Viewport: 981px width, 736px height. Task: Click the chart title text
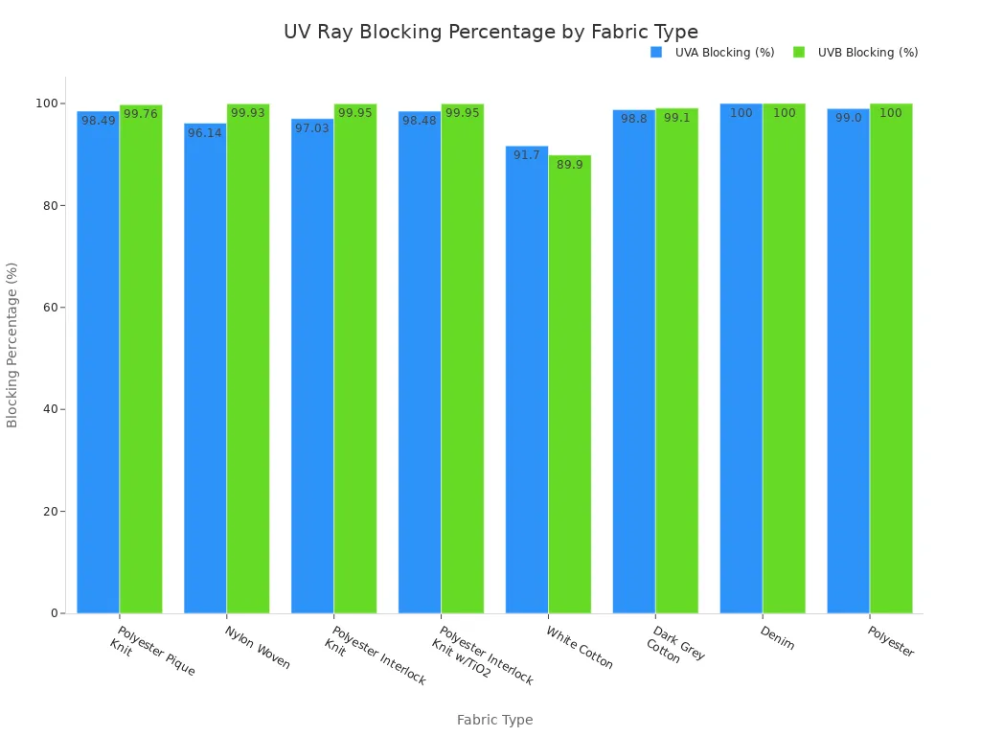coord(490,32)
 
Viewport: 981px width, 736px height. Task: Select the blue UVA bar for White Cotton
coord(527,383)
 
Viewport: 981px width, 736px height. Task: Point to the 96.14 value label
coord(205,133)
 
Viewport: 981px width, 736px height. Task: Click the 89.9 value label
coord(570,165)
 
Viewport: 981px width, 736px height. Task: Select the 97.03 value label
coord(312,128)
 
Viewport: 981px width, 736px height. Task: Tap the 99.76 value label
coord(141,114)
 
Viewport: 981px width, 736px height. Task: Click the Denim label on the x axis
coord(777,638)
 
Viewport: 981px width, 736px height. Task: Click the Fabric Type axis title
coord(494,720)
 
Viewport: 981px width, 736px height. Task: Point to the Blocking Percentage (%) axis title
coord(12,345)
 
